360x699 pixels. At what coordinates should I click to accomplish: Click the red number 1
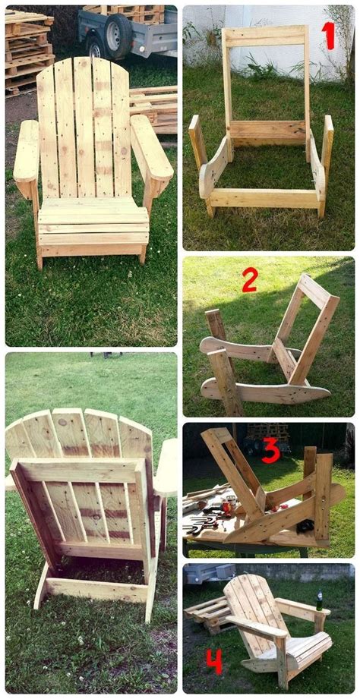tap(328, 35)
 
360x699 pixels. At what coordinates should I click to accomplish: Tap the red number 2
tap(251, 280)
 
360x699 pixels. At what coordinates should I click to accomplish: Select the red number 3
tap(271, 451)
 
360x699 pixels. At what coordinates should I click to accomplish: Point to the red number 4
tap(214, 661)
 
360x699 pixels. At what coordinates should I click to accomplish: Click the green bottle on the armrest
tap(319, 600)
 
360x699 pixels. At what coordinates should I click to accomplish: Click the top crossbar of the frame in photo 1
tap(265, 36)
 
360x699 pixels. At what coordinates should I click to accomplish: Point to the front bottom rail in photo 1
tap(264, 198)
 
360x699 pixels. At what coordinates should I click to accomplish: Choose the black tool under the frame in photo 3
tap(305, 526)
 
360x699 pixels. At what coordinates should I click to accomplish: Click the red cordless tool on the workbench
tap(227, 507)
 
